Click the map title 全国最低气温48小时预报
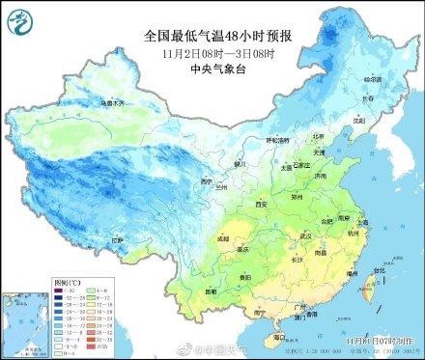click(x=213, y=36)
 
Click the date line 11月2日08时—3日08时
click(x=213, y=52)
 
